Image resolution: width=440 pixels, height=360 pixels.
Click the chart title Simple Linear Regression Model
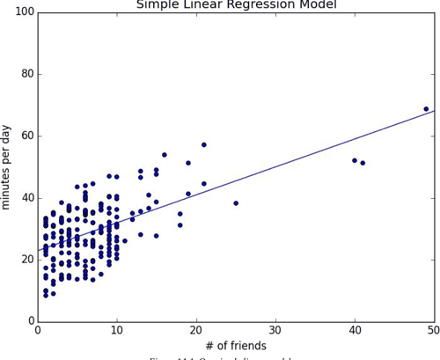(x=236, y=5)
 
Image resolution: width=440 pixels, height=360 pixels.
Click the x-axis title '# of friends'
(x=235, y=346)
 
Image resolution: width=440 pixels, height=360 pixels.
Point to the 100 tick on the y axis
(x=23, y=11)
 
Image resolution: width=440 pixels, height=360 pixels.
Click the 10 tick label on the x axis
(x=117, y=330)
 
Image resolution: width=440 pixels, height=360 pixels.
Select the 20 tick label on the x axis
(x=196, y=330)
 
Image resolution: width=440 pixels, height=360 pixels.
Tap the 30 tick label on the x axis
(x=275, y=330)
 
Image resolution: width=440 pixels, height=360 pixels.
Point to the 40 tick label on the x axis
(x=355, y=330)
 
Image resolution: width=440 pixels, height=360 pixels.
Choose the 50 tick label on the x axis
(x=433, y=330)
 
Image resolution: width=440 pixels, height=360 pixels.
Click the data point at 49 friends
(x=426, y=109)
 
